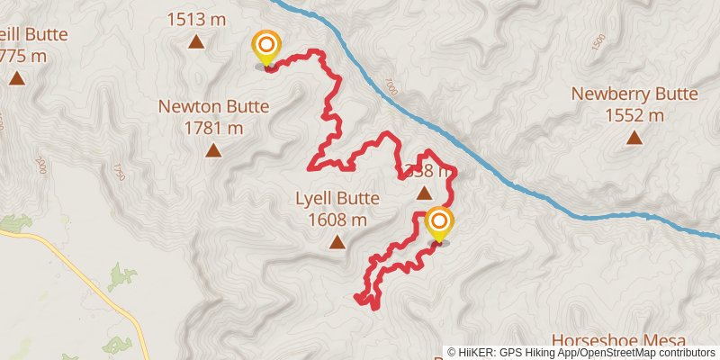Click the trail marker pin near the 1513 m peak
coord(265,48)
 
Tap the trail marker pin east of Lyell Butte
coord(439,224)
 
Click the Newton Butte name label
coord(213,106)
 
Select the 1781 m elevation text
coord(213,127)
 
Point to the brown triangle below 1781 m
coord(213,149)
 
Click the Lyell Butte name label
coord(337,199)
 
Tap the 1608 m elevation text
coord(337,220)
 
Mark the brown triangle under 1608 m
coord(337,241)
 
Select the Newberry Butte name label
coord(634,94)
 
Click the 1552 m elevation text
coord(634,114)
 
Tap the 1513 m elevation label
coord(195,18)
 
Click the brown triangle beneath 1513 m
coord(195,40)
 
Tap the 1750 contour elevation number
coord(116,171)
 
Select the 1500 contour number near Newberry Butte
coord(599,42)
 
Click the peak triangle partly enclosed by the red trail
coord(424,191)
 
